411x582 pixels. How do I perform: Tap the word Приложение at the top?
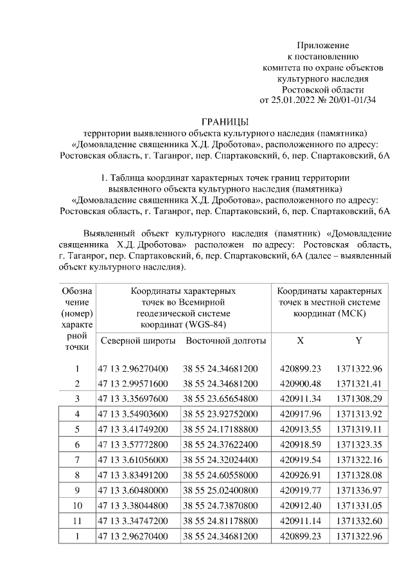coord(322,45)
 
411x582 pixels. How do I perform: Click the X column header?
coord(300,340)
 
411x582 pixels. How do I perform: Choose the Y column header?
coord(358,340)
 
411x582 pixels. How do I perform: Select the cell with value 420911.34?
coord(301,399)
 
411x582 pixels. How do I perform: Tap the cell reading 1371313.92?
coord(358,414)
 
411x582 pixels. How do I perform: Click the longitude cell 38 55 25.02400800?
coord(221,490)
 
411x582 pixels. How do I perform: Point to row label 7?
coord(77,460)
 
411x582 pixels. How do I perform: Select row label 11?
coord(77,520)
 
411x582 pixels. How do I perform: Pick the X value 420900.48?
coord(301,383)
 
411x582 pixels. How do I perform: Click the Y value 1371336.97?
coord(358,490)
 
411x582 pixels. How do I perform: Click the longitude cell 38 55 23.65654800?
coord(221,399)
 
